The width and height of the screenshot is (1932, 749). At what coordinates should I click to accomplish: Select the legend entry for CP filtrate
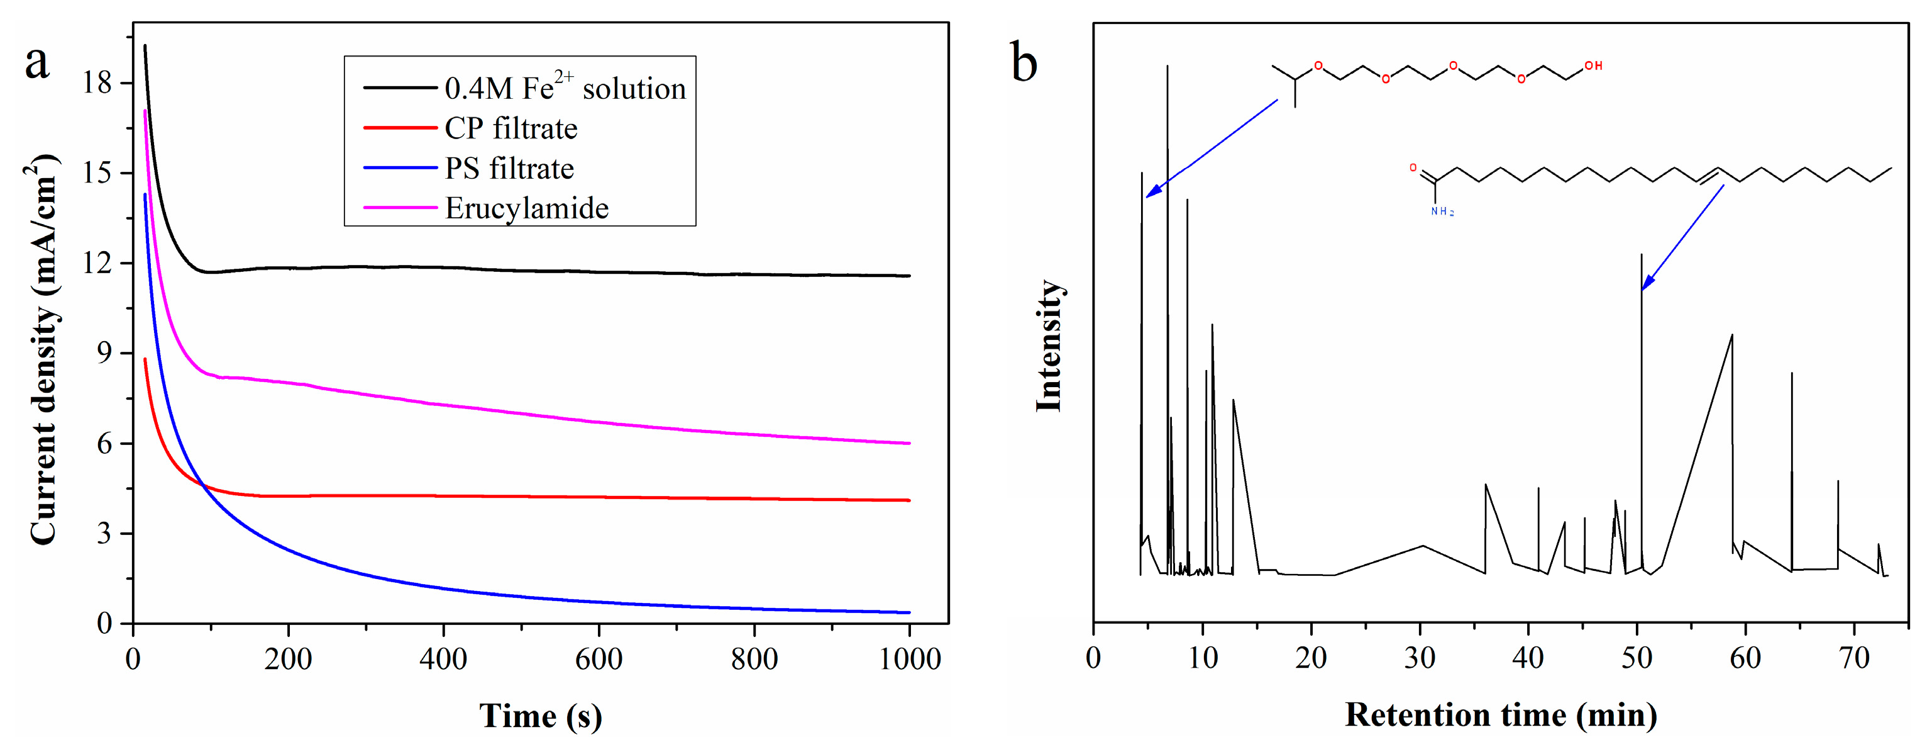click(511, 128)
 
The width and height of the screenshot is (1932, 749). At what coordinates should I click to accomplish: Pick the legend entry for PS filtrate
click(509, 168)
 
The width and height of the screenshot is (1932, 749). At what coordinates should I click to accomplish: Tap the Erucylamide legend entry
click(526, 208)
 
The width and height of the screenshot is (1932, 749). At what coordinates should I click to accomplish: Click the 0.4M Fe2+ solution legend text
click(565, 88)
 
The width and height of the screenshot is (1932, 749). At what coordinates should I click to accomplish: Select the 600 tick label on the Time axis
click(598, 659)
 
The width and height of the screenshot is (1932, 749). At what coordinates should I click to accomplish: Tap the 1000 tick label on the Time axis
click(909, 659)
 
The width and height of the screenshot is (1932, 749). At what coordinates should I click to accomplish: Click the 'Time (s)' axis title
click(540, 715)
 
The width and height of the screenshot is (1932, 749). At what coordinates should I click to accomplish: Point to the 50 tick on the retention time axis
click(1637, 658)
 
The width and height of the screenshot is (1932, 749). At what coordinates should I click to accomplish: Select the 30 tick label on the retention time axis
click(1420, 658)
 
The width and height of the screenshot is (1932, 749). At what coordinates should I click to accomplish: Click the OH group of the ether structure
click(1593, 66)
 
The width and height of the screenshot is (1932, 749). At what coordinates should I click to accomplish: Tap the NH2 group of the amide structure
click(1442, 211)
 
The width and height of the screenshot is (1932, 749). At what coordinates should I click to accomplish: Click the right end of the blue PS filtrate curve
click(909, 612)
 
